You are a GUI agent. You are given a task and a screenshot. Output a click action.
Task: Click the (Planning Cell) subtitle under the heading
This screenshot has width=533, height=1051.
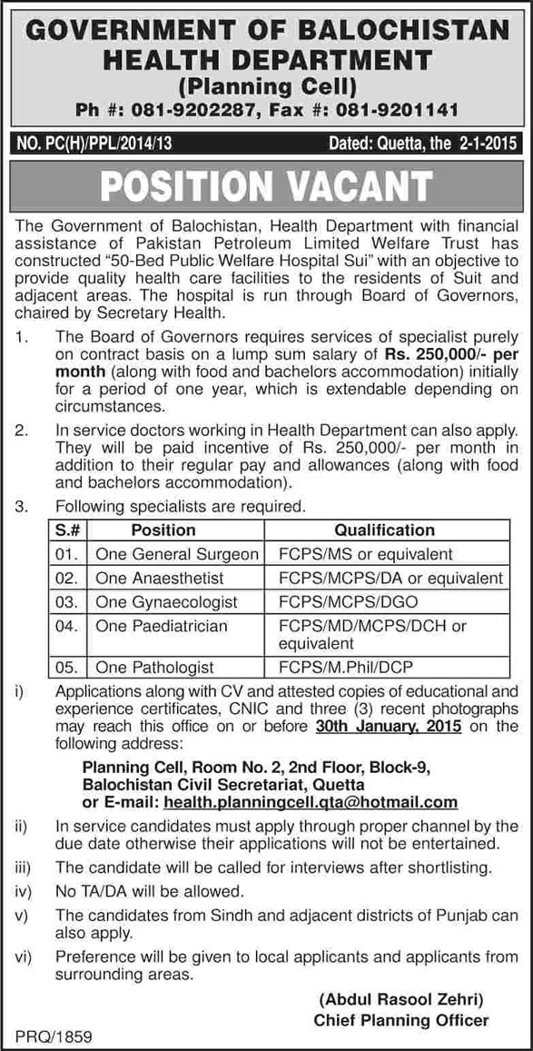tap(266, 87)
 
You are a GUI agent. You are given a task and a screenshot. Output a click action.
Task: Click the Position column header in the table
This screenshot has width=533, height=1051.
tap(163, 530)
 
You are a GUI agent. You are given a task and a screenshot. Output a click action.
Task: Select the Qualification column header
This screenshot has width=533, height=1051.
tap(384, 530)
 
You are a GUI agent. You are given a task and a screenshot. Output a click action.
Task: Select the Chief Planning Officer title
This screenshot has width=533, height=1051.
tap(401, 1020)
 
